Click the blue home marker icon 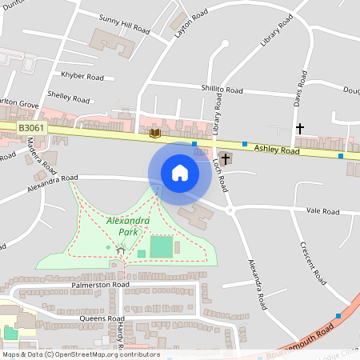click(180, 172)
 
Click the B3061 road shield click(32, 128)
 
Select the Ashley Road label click(277, 150)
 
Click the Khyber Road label click(83, 77)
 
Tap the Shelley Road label click(69, 98)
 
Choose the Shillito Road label click(223, 90)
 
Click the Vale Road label click(322, 211)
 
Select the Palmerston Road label click(100, 285)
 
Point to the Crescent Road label click(313, 264)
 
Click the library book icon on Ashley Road click(155, 132)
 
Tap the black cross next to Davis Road click(300, 128)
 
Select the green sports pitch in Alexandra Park click(162, 246)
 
